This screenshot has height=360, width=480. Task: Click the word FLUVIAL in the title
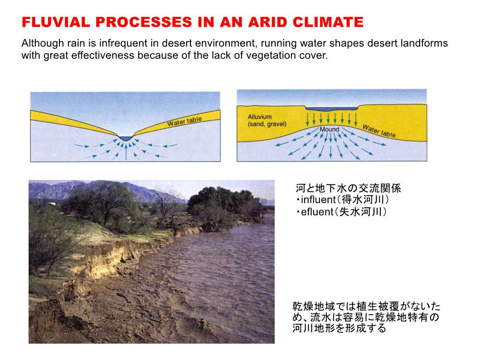coord(56,22)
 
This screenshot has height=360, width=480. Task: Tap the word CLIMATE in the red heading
coord(328,22)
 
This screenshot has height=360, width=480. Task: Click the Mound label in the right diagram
coord(330,129)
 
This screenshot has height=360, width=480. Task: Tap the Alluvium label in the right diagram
coord(260,117)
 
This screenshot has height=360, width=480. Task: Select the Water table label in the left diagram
coord(184,121)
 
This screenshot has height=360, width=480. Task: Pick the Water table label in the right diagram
coord(379,131)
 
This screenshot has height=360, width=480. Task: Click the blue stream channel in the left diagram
coord(125,138)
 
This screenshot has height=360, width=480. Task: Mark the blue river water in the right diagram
coord(331,109)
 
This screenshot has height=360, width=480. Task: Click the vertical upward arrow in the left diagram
coord(126,152)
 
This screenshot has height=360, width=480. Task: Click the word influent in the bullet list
coord(318,199)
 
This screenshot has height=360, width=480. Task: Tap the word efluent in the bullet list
coord(317,212)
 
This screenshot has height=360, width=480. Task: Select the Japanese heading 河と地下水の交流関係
coord(348,188)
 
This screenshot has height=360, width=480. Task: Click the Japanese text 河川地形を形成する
coord(339,328)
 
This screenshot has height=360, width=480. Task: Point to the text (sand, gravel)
coord(267,124)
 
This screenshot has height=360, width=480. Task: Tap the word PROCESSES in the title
coord(144,22)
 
